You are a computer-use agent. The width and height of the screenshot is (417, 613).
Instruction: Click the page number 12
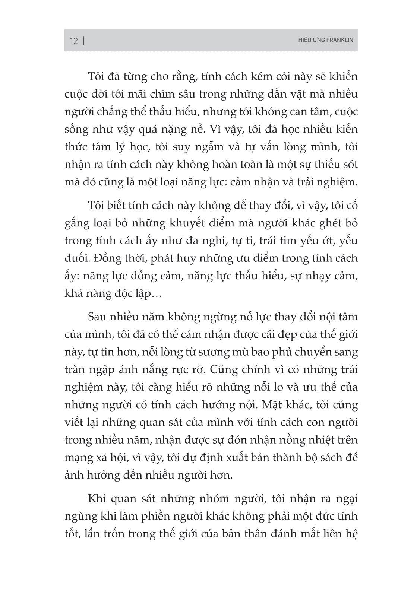74,41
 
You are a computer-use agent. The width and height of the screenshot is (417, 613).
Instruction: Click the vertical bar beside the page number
83,41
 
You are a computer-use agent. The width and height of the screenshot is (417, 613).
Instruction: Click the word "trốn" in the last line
108,534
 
